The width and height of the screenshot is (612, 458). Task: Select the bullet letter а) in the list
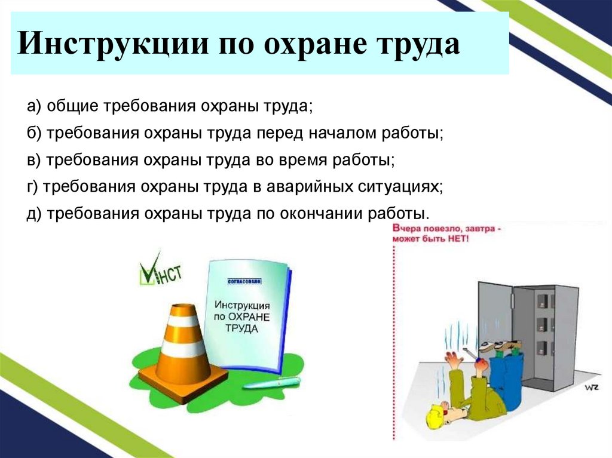pyautogui.click(x=33, y=106)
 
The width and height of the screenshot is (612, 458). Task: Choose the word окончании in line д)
pyautogui.click(x=321, y=213)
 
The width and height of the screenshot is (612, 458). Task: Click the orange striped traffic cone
pyautogui.click(x=182, y=346)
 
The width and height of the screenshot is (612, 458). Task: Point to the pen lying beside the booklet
pyautogui.click(x=273, y=382)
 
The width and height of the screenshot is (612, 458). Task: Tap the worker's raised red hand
pyautogui.click(x=452, y=359)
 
